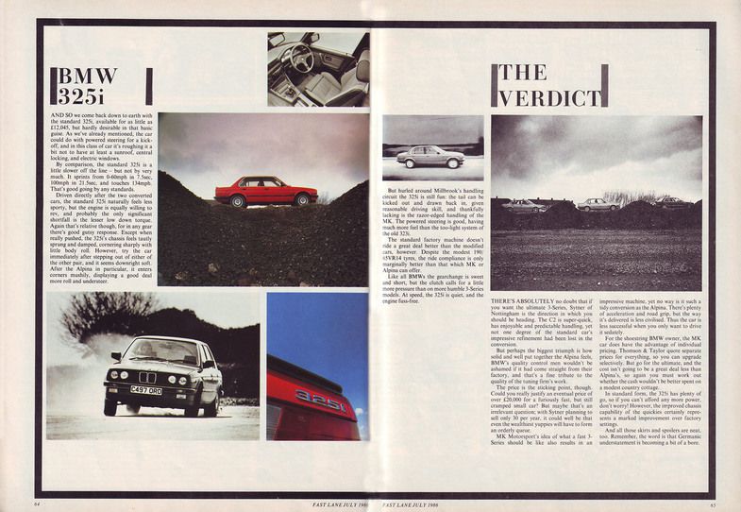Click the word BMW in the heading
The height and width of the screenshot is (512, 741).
(x=89, y=76)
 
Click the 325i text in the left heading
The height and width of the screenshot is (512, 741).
(x=88, y=95)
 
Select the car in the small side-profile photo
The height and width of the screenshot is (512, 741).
(x=430, y=157)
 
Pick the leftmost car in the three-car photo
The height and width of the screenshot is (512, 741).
(x=524, y=205)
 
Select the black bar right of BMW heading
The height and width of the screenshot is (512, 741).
(x=148, y=86)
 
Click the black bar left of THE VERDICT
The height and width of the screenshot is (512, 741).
(x=494, y=86)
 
